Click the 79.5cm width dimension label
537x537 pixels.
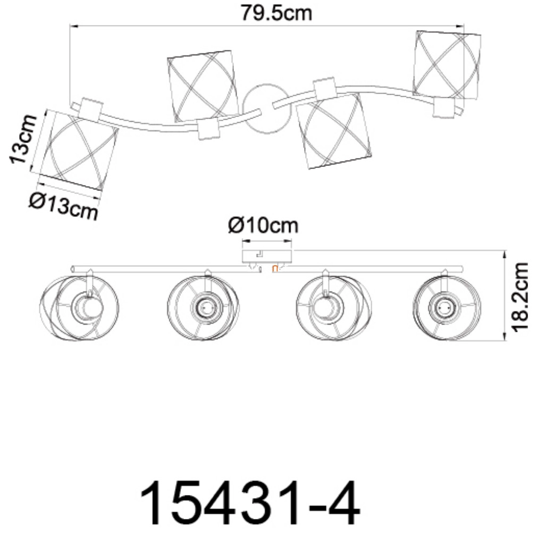coord(276,13)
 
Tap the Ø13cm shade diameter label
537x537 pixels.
coord(64,205)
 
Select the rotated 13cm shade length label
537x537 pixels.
coord(23,139)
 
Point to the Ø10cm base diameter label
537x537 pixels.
coord(263,225)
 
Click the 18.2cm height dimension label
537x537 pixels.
coord(519,297)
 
